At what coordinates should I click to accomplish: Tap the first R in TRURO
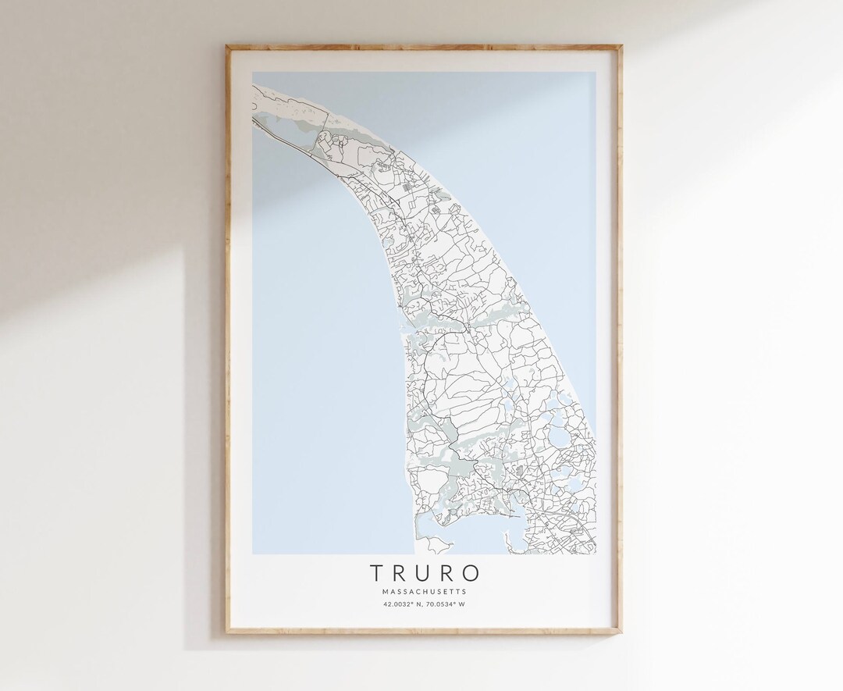tap(399, 573)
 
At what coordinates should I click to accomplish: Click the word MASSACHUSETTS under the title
tap(425, 591)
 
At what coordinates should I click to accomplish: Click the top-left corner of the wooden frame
tap(227, 46)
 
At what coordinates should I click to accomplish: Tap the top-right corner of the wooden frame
tap(622, 46)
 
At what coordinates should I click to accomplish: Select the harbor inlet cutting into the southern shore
tap(514, 512)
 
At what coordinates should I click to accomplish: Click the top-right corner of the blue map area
tap(596, 73)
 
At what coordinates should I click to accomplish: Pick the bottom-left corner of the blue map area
tap(252, 556)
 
